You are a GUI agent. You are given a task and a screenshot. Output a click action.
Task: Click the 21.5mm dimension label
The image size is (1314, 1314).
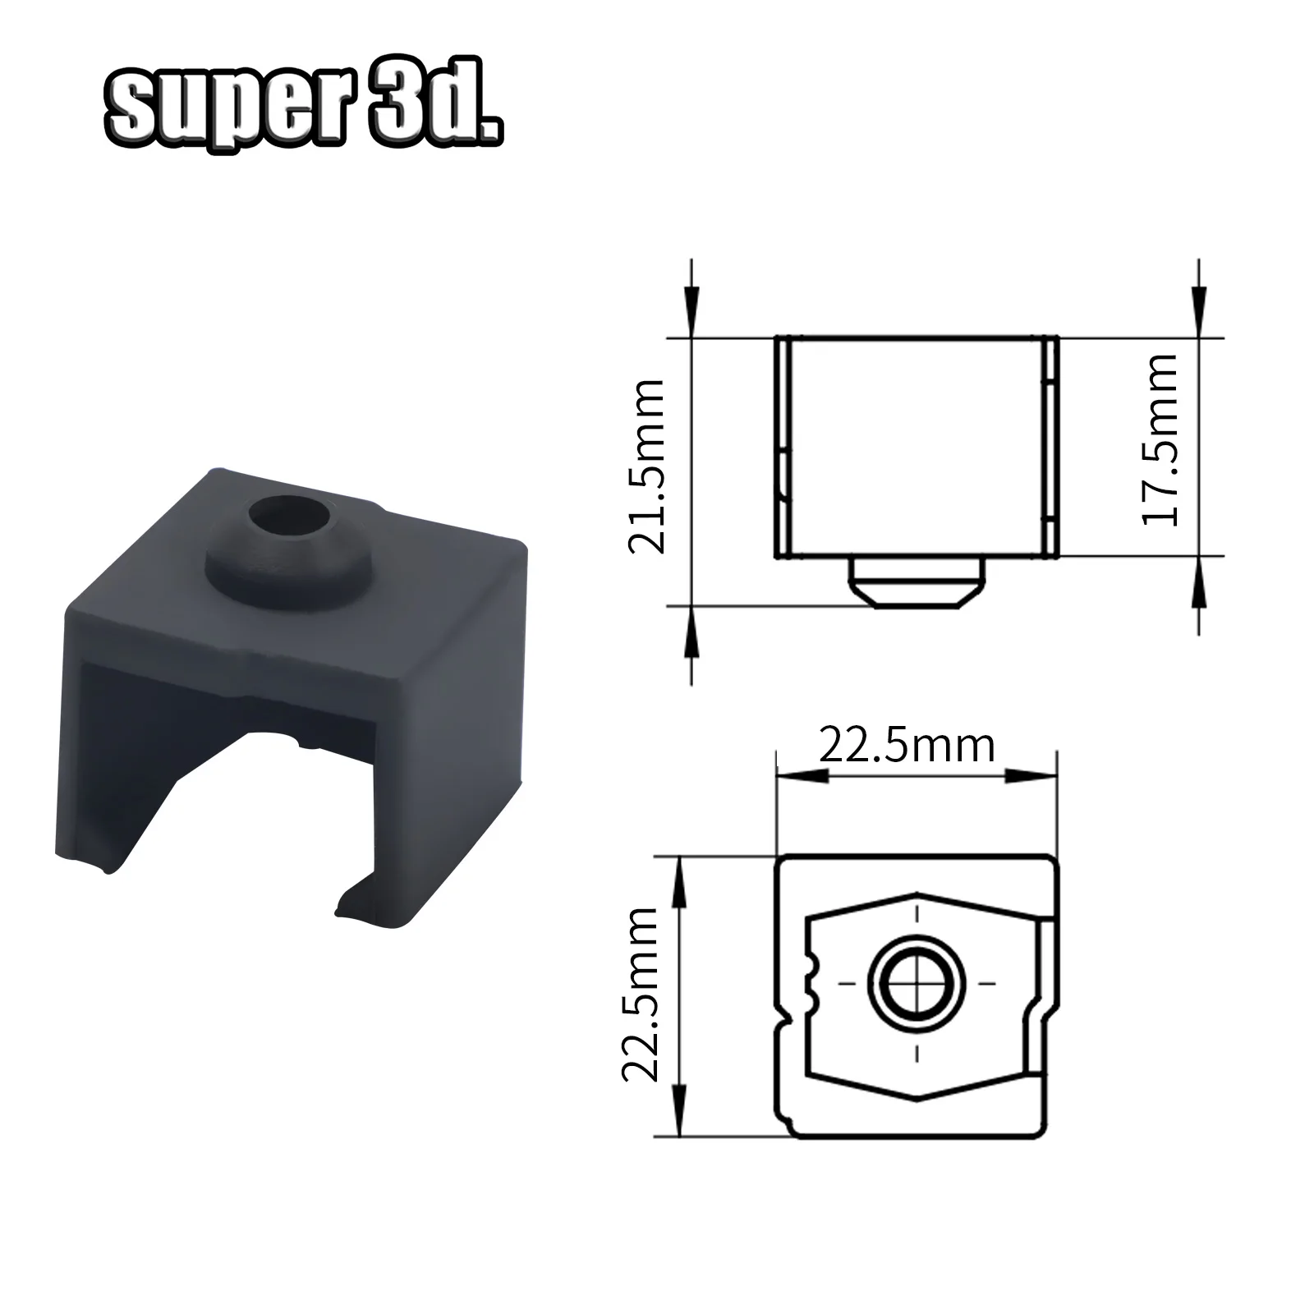(x=646, y=466)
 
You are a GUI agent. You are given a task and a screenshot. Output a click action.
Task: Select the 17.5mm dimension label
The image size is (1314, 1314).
(x=1160, y=440)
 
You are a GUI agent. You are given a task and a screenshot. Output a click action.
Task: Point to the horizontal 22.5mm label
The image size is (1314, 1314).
(x=907, y=746)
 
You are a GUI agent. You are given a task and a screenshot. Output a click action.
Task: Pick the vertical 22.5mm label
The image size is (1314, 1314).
(x=640, y=994)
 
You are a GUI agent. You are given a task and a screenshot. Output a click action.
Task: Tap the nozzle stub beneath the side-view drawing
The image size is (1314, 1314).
(x=917, y=582)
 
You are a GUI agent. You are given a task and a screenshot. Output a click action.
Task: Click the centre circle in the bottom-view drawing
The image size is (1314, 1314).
(x=917, y=982)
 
